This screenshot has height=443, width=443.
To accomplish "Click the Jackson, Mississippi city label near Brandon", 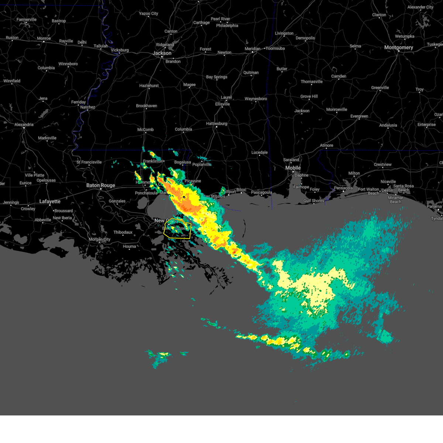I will (162, 53).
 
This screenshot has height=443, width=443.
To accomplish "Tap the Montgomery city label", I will (398, 48).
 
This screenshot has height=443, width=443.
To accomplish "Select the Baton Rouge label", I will (101, 185).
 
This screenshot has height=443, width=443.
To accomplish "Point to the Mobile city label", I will (293, 168).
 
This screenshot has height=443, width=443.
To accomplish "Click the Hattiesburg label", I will (217, 124).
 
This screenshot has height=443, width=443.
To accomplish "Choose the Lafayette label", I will (50, 202).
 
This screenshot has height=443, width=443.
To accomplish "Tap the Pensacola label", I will (343, 188).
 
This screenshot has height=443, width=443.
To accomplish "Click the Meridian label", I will (253, 49).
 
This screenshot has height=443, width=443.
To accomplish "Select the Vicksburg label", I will (120, 50).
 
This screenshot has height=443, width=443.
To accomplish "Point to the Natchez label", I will (87, 107).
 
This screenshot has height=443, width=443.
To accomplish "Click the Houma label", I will (129, 247).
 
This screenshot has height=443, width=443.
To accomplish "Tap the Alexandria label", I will (24, 125).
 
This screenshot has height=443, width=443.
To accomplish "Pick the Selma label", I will (355, 46).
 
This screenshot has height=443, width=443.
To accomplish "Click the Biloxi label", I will (241, 190).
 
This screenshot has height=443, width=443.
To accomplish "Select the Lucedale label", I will (260, 152).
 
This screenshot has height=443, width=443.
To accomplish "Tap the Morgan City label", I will (100, 240).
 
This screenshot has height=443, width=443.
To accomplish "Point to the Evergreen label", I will (359, 116).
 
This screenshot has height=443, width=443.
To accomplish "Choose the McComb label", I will (145, 130).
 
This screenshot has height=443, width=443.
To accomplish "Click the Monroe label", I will (44, 38).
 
